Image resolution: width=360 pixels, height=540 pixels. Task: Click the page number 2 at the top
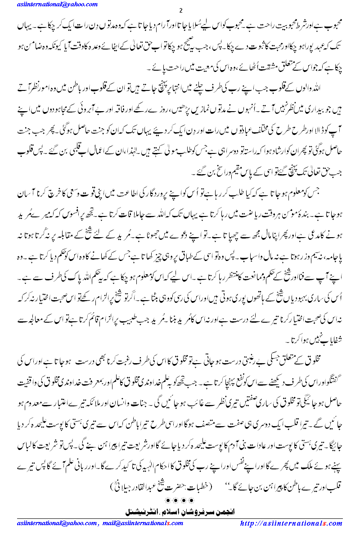point(181,11)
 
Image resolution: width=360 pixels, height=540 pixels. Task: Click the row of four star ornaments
point(180,500)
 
